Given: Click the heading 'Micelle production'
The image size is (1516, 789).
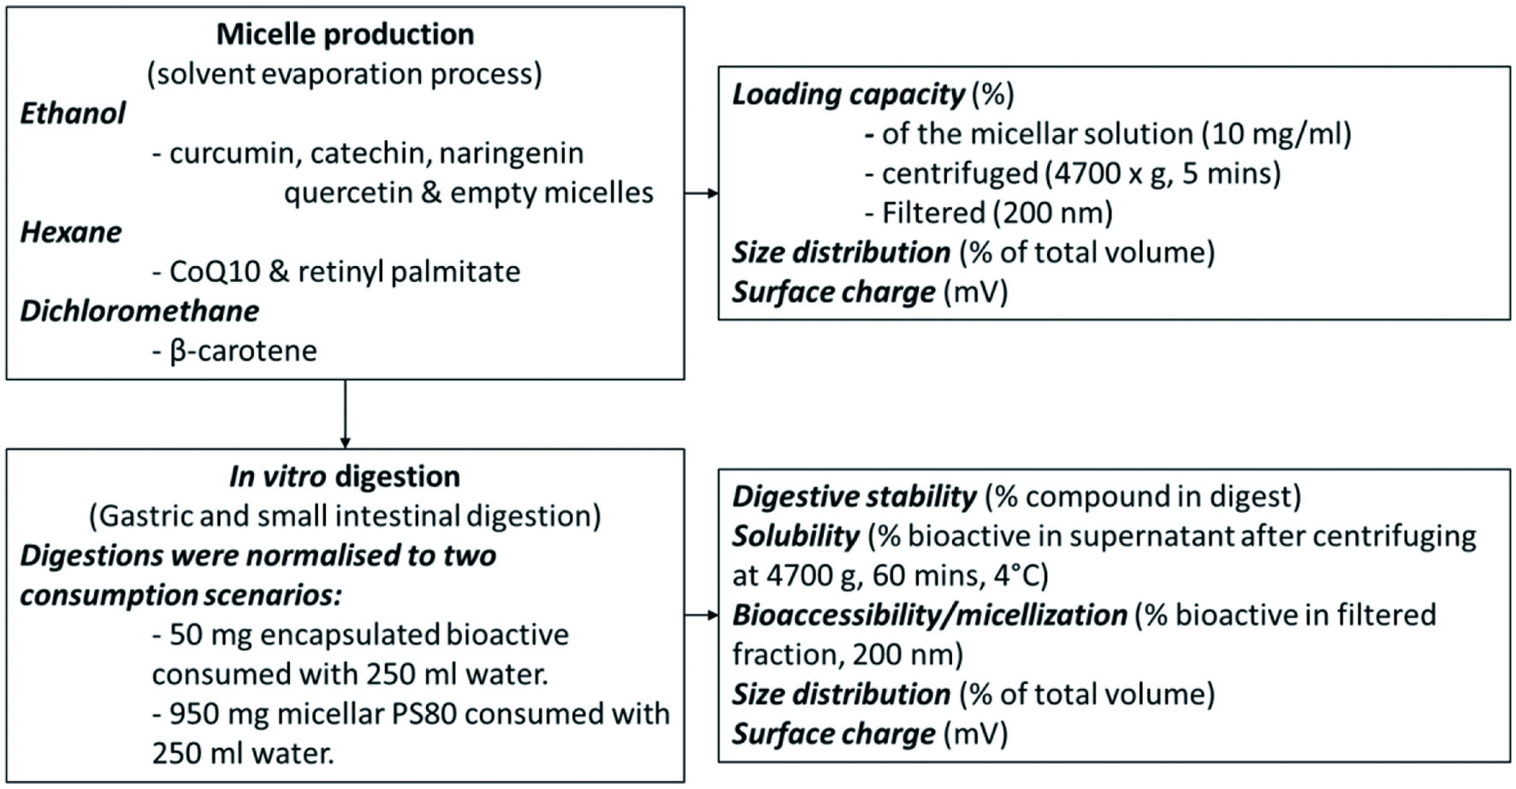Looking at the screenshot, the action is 345,34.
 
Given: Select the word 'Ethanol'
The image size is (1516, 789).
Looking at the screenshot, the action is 73,113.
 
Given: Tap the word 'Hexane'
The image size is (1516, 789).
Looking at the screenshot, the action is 71,232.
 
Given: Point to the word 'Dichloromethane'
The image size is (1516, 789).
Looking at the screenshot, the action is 139,310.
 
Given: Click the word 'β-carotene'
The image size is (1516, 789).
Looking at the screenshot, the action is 243,350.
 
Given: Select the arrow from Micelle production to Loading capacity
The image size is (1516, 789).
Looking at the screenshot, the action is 702,193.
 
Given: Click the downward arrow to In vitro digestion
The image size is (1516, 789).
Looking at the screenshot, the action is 345,414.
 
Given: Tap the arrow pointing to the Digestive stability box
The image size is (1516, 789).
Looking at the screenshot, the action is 702,615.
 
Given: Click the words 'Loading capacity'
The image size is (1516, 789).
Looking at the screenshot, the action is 848,94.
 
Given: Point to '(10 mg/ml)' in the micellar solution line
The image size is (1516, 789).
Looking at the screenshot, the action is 1276,134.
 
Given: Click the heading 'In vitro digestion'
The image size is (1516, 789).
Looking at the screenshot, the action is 345,476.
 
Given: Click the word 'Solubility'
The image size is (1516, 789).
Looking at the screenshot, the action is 796,536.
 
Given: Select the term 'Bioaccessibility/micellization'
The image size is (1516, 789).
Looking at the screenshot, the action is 930,615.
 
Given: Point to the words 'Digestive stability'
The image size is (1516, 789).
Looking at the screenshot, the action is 854,497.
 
